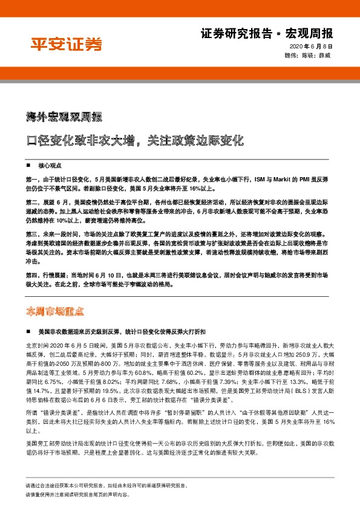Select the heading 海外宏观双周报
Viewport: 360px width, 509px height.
coord(64,116)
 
